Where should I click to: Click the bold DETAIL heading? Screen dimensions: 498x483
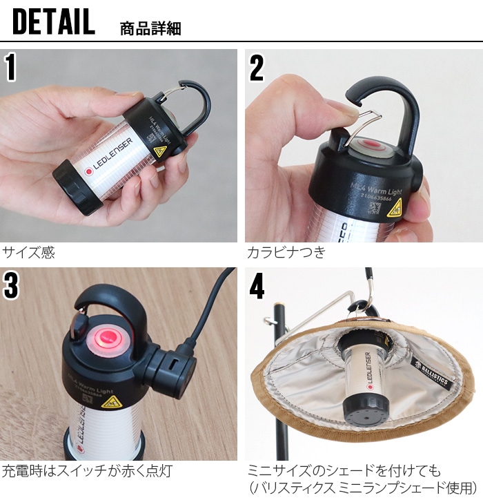pos(53,22)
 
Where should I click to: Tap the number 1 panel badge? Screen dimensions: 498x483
pos(12,68)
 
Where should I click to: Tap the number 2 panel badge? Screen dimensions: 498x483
pos(256,68)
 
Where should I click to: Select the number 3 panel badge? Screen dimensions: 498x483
pos(12,286)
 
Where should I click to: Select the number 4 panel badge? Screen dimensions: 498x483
pos(257,286)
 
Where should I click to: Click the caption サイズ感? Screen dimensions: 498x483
pos(28,253)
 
